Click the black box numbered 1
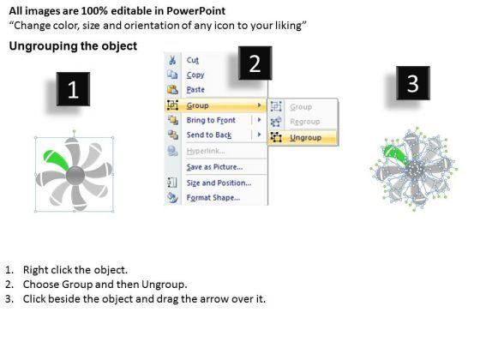click(73, 89)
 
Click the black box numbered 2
click(255, 63)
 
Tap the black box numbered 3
click(413, 83)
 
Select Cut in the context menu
click(193, 60)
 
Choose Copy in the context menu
click(195, 75)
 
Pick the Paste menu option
click(195, 90)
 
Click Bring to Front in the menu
click(211, 120)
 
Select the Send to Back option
click(209, 135)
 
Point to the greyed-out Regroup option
click(305, 122)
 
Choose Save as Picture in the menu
click(214, 167)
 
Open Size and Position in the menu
click(219, 183)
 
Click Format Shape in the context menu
click(213, 197)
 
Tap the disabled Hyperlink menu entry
click(206, 151)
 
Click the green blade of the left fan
click(55, 159)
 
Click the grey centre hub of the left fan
click(75, 176)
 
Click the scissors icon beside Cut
click(172, 60)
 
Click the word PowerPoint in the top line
click(196, 11)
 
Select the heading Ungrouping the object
click(73, 46)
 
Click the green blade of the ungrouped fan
click(395, 153)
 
